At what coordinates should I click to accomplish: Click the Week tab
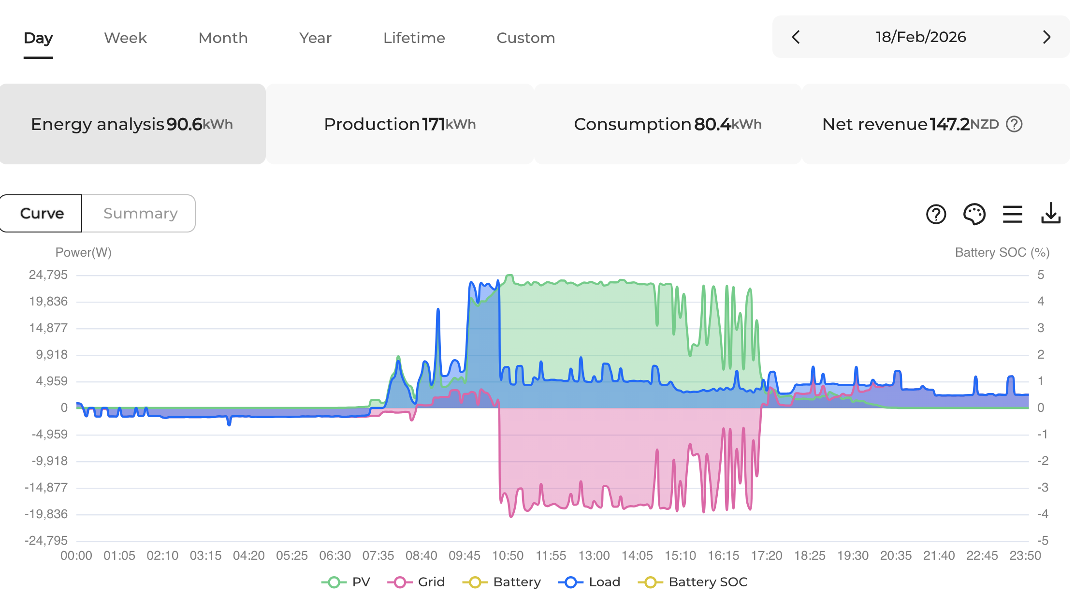click(x=125, y=38)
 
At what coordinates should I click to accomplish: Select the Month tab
click(x=223, y=38)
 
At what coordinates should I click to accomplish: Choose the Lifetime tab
click(x=414, y=38)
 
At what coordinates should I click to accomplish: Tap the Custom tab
click(x=526, y=38)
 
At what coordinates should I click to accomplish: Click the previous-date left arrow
click(x=796, y=37)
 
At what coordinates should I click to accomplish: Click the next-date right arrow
click(x=1046, y=37)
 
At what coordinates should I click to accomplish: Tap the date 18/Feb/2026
click(x=921, y=37)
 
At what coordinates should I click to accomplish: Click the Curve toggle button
click(x=41, y=214)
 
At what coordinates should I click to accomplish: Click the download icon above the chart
click(x=1051, y=214)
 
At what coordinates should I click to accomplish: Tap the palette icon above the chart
click(x=974, y=214)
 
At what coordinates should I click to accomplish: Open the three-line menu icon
click(x=1013, y=214)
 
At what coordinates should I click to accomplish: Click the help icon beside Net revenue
click(x=1014, y=124)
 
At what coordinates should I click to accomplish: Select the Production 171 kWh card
click(x=400, y=124)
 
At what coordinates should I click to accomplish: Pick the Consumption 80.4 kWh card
click(x=668, y=124)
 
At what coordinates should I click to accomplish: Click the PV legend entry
click(x=346, y=582)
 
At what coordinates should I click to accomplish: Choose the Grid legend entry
click(x=416, y=582)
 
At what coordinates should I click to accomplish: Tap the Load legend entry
click(x=589, y=582)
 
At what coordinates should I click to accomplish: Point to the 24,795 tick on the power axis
click(x=48, y=275)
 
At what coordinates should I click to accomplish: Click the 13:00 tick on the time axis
click(x=594, y=555)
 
